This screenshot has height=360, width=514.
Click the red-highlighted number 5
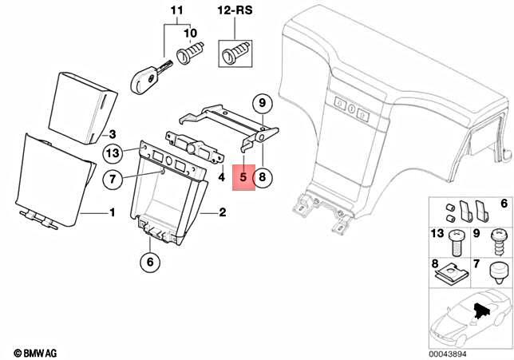point(243,178)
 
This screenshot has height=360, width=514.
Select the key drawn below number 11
point(148,73)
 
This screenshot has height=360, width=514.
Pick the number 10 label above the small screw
point(189,34)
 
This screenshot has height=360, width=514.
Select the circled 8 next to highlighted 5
point(264,178)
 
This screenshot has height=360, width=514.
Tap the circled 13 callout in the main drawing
point(113,152)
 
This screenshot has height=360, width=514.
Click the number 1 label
point(112,213)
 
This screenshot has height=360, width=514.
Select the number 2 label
point(223,213)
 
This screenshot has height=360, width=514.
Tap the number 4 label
point(221,177)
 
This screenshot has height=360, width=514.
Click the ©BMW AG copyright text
point(36,351)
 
